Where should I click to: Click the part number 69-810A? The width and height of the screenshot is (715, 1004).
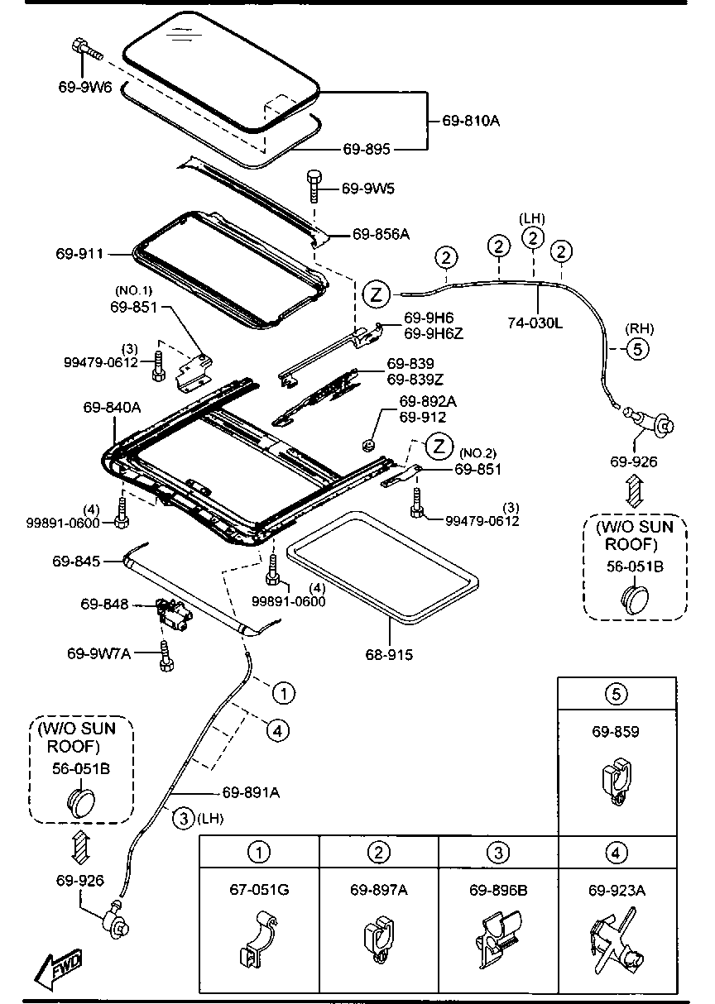click(x=471, y=121)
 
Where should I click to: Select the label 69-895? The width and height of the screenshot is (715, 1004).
click(x=367, y=149)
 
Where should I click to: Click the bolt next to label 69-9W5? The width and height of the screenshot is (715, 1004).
click(x=314, y=186)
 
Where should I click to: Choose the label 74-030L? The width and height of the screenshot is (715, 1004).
click(x=535, y=323)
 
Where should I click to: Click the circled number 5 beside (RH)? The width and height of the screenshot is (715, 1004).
click(x=637, y=349)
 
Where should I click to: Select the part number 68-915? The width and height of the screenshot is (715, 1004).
click(x=389, y=655)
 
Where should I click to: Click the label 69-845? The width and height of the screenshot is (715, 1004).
click(x=76, y=562)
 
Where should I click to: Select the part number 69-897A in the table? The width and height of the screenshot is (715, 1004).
click(x=378, y=890)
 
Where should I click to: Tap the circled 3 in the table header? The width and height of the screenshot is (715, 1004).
click(x=497, y=851)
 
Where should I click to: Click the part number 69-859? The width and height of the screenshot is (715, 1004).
click(x=615, y=732)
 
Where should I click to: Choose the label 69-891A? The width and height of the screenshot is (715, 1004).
click(x=251, y=792)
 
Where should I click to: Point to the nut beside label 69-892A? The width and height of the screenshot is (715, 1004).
click(x=369, y=445)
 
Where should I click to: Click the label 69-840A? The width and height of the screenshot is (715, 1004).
click(x=112, y=407)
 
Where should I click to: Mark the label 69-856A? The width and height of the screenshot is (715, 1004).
click(x=381, y=234)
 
